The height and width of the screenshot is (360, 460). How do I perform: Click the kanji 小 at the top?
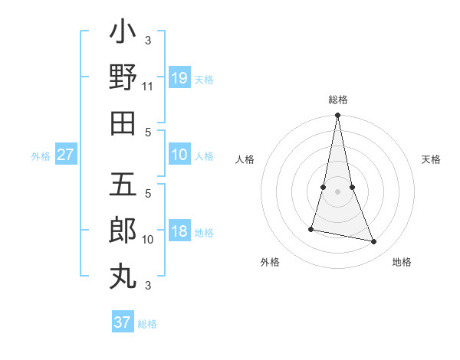coord(123,34)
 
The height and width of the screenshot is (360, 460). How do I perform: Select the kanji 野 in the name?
coord(123,77)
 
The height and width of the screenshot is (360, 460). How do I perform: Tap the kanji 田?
coord(123,123)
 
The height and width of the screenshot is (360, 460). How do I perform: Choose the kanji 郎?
coord(123,231)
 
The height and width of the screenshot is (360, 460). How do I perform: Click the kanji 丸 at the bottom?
coord(123,275)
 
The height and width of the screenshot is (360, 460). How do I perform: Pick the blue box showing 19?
coord(179,78)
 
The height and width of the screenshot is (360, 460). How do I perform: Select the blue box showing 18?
coord(179,232)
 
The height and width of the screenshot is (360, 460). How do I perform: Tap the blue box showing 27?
coord(66,155)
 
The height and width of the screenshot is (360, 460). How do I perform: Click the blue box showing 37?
coord(123,322)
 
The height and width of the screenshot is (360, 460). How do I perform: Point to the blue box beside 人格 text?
coord(179,155)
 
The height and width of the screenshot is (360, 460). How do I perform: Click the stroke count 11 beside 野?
coord(148,87)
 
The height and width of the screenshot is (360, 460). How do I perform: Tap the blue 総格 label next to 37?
coord(147,323)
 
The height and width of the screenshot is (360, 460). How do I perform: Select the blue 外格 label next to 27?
coord(41,156)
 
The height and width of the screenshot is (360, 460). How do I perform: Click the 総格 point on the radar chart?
coord(337,116)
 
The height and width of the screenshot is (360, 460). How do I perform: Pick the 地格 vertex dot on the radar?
coord(374,242)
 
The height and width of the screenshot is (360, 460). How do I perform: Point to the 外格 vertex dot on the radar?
coord(311,229)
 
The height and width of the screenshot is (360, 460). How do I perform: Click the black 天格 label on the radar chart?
coord(431,159)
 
